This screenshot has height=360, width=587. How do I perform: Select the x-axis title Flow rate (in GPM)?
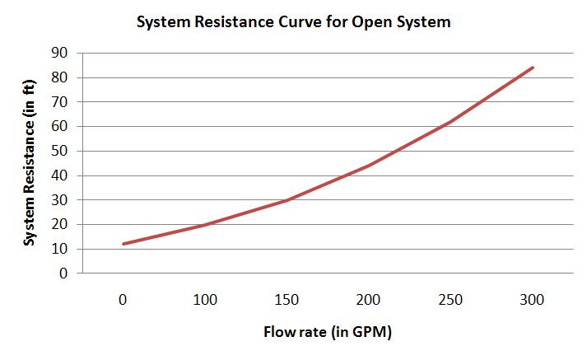[328, 334]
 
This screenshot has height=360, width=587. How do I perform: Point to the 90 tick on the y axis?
[59, 54]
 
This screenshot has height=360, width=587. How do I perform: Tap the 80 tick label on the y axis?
[59, 78]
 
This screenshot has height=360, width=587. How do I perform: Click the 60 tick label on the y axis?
[59, 127]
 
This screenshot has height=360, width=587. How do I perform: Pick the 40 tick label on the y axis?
[59, 175]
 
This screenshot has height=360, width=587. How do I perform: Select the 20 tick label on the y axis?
[59, 225]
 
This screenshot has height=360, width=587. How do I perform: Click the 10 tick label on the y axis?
[59, 249]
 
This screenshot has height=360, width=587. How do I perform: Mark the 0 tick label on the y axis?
[63, 274]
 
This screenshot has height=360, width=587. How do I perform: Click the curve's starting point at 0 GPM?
[123, 244]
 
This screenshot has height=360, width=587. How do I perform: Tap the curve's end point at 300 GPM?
[533, 68]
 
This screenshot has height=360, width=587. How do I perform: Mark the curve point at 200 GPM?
[369, 165]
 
